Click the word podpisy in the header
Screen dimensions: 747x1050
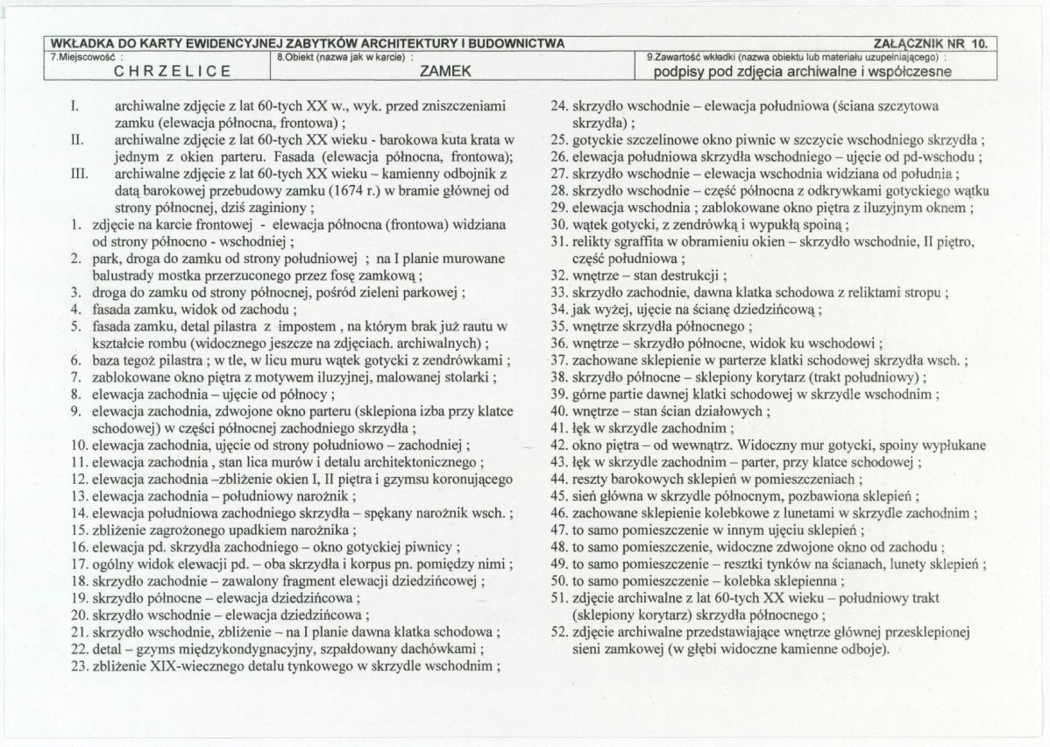click(685, 72)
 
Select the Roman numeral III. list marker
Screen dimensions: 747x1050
click(77, 174)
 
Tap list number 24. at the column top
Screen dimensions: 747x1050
click(560, 107)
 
